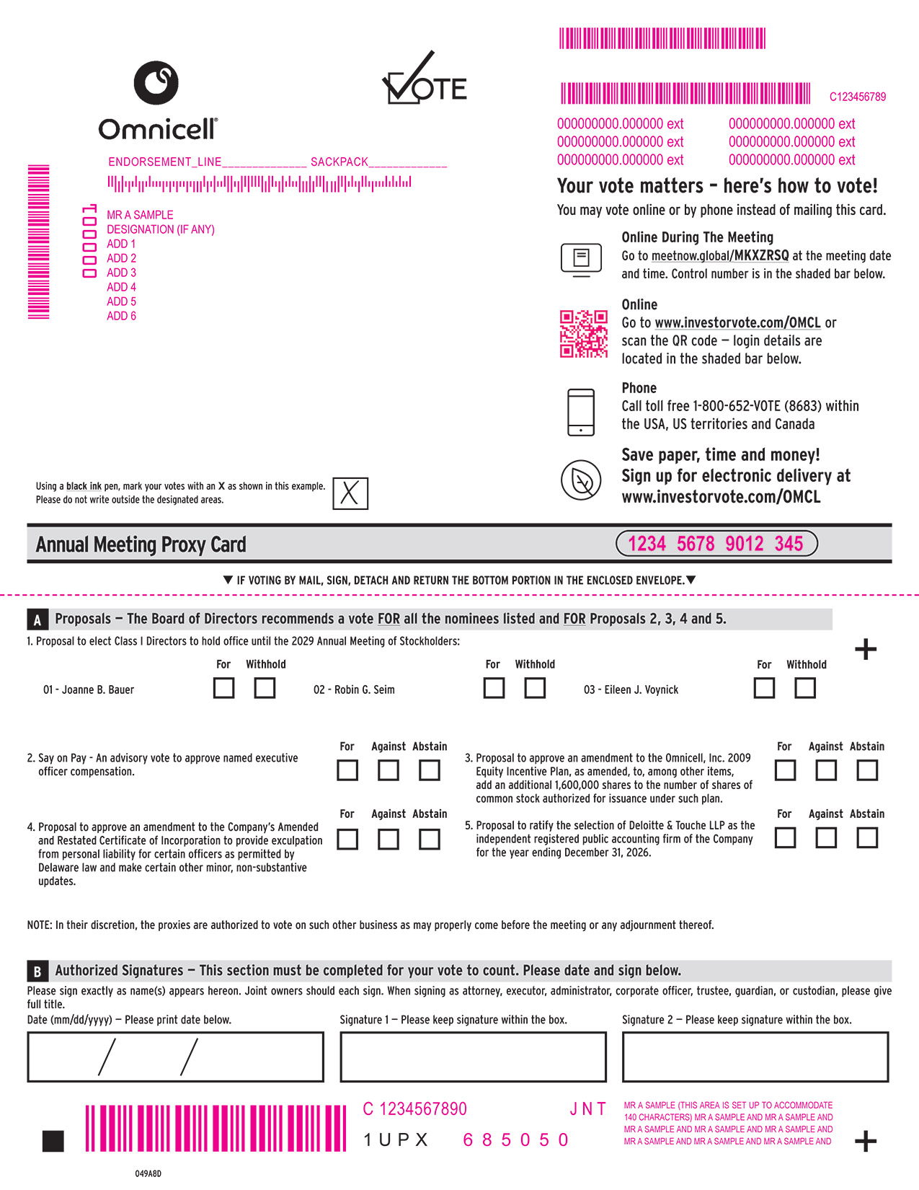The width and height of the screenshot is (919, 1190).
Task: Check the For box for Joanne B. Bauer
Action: click(x=223, y=688)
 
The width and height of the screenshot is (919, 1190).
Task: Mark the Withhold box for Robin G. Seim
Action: click(x=534, y=688)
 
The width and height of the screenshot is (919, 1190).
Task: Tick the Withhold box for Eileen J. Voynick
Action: click(x=804, y=688)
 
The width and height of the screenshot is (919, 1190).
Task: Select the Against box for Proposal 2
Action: click(x=388, y=770)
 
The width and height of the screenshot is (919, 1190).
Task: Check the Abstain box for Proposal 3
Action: click(x=867, y=770)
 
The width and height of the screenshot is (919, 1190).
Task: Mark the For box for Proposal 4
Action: click(x=347, y=839)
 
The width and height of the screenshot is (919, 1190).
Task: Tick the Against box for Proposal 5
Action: click(x=826, y=837)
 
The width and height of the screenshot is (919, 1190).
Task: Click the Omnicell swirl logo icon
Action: click(x=156, y=83)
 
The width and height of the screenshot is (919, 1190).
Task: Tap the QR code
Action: click(x=583, y=333)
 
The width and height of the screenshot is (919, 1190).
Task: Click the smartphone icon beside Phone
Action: click(x=581, y=412)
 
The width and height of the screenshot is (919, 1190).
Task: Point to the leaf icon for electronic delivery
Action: click(x=581, y=480)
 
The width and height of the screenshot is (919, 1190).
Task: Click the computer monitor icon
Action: click(x=581, y=260)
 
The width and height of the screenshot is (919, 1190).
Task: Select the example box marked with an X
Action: click(x=350, y=493)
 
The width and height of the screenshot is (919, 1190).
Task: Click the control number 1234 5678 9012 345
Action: click(x=716, y=543)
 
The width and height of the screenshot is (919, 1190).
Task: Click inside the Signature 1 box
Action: click(x=473, y=1057)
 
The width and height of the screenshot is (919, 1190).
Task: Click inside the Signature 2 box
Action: click(x=755, y=1057)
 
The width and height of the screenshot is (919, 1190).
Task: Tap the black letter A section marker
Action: click(x=37, y=620)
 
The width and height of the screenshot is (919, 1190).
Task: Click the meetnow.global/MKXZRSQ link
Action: click(x=720, y=256)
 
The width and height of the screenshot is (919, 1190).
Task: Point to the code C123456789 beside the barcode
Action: click(x=857, y=97)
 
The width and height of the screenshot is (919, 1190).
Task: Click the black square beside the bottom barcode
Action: click(x=53, y=1141)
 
